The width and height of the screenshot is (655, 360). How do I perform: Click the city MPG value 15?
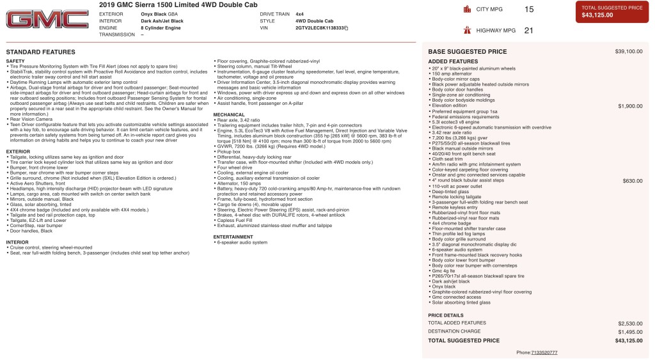[528, 10]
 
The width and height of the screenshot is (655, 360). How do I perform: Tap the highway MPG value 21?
[528, 30]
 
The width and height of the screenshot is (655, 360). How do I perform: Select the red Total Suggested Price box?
[612, 12]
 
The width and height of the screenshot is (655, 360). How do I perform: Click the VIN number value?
[320, 28]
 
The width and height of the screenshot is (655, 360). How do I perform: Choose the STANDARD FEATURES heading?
[40, 52]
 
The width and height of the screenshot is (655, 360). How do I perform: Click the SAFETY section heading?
[15, 61]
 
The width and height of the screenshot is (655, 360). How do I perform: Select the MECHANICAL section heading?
[228, 115]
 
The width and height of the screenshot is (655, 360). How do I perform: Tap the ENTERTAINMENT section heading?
[233, 237]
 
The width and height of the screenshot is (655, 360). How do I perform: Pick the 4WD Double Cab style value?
[314, 21]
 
